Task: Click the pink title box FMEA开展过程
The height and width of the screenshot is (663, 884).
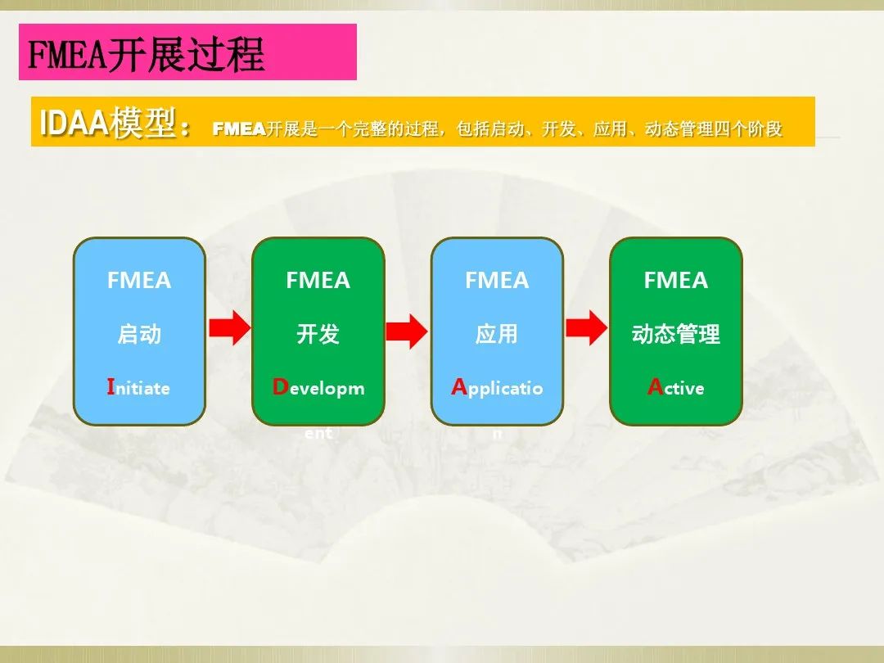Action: coord(187,52)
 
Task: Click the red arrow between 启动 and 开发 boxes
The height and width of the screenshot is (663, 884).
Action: coord(228,328)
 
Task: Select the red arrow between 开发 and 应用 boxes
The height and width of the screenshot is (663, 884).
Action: coord(407,330)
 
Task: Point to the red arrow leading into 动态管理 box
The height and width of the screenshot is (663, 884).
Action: coord(586,329)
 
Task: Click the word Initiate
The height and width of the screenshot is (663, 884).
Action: coord(138,388)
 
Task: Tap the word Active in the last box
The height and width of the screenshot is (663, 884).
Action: coord(675,388)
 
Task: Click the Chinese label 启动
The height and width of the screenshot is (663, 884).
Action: coord(139,334)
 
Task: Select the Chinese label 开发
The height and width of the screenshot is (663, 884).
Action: coord(318,334)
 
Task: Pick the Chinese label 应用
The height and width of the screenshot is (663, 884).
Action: coord(497,334)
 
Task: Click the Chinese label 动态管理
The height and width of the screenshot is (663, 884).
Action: coord(675,334)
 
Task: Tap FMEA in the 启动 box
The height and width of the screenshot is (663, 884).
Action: coord(139,281)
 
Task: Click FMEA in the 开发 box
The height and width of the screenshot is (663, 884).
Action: coord(318,281)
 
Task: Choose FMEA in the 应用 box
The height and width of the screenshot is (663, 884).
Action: coord(497,281)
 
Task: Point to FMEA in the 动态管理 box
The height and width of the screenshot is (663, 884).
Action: coord(675,281)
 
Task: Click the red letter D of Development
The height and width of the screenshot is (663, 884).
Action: coord(280,387)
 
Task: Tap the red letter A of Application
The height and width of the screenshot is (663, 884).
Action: coord(458,387)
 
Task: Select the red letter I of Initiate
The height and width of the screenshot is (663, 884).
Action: coord(110,387)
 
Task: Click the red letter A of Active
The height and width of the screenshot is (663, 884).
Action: coord(655,387)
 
